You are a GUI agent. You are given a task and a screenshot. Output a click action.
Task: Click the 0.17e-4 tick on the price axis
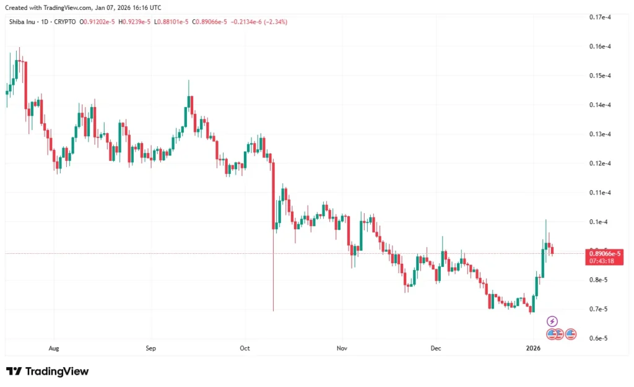pyautogui.click(x=600, y=17)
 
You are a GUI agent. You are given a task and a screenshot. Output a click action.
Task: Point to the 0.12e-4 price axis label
pyautogui.click(x=600, y=163)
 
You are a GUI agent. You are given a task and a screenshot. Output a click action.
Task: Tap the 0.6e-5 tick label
pyautogui.click(x=599, y=338)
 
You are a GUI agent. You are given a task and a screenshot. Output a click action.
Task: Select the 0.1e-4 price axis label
pyautogui.click(x=599, y=222)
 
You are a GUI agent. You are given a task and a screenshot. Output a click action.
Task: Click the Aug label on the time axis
pyautogui.click(x=54, y=349)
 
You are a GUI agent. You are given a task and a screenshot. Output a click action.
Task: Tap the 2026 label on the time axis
pyautogui.click(x=532, y=349)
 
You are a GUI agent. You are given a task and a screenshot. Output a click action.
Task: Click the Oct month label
pyautogui.click(x=245, y=349)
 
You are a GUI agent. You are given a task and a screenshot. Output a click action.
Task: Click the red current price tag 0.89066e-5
pyautogui.click(x=605, y=253)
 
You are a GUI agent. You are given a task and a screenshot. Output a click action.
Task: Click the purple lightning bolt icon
pyautogui.click(x=552, y=321)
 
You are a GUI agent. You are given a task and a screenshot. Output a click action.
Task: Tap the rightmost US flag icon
pyautogui.click(x=571, y=334)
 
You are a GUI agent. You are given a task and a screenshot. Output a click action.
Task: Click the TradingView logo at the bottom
pyautogui.click(x=48, y=372)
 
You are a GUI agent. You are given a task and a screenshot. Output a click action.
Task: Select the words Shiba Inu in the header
pyautogui.click(x=21, y=22)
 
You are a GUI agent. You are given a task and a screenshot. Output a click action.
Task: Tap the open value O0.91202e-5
pyautogui.click(x=97, y=22)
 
